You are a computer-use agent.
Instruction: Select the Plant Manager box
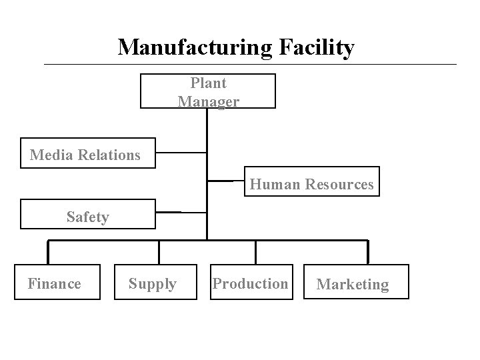(x=207, y=91)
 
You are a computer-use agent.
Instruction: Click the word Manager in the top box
(x=208, y=101)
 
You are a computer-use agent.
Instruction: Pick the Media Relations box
(x=87, y=154)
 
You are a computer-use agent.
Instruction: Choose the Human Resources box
(x=311, y=182)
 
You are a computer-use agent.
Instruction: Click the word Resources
(x=339, y=184)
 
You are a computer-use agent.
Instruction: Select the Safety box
(x=87, y=214)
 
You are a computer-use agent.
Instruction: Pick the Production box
(x=251, y=284)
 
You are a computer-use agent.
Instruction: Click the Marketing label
(x=353, y=285)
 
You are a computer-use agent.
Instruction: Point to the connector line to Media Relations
(x=181, y=153)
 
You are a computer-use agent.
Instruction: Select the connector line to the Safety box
(x=181, y=212)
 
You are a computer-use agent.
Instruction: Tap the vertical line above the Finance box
(x=48, y=251)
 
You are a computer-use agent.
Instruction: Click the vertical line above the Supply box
(x=159, y=251)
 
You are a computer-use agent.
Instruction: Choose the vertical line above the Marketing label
(x=367, y=251)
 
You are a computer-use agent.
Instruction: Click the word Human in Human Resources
(x=275, y=184)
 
